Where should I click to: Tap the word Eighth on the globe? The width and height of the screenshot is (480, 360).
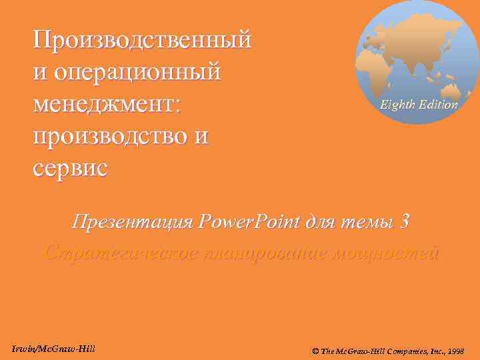[397, 105]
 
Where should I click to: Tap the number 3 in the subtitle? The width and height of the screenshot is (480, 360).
[401, 221]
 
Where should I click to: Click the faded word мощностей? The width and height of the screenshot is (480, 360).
[391, 253]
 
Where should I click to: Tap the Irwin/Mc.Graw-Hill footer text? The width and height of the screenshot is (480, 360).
[53, 350]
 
